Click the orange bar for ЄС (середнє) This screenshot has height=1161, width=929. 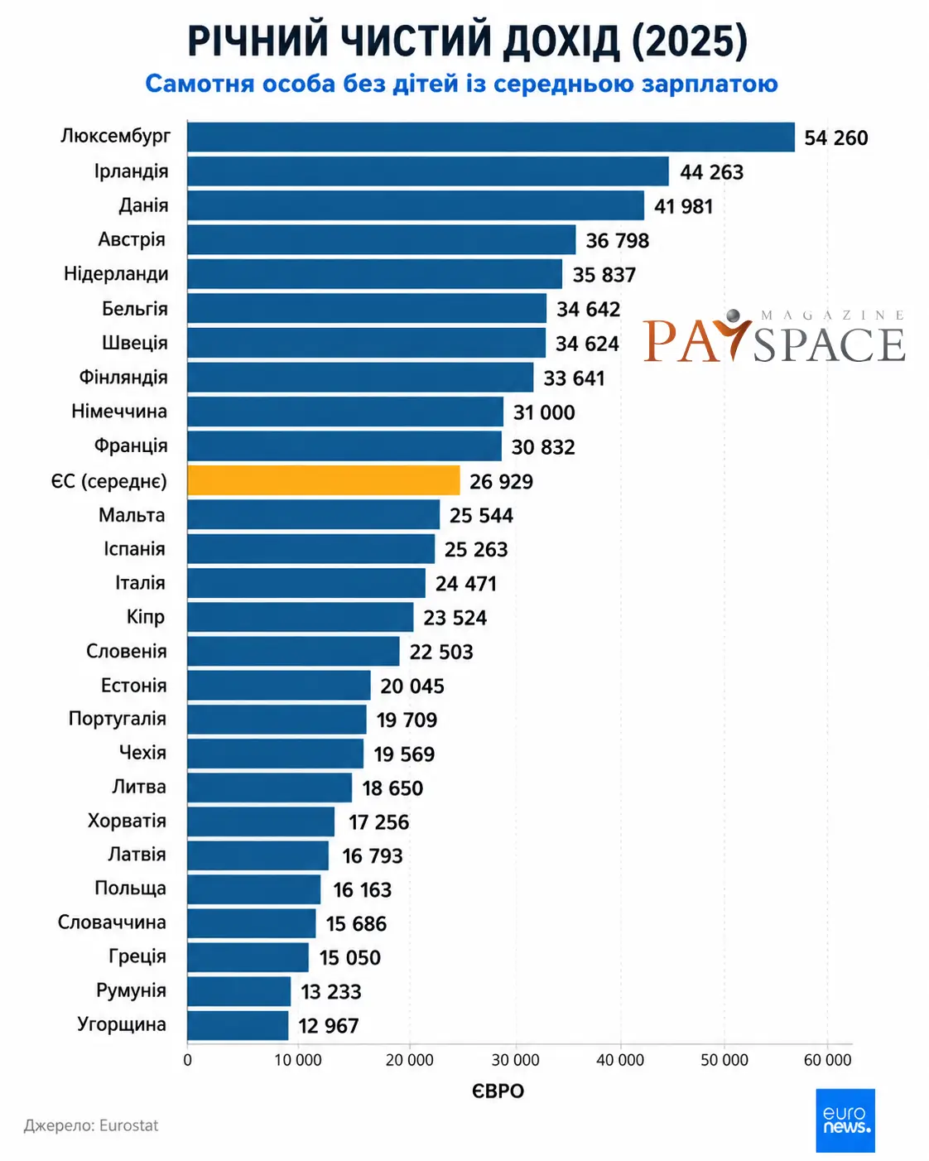click(324, 480)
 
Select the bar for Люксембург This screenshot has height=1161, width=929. click(491, 137)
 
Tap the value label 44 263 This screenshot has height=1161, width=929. click(711, 172)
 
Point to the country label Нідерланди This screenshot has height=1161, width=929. click(116, 273)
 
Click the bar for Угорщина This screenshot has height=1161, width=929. click(238, 1025)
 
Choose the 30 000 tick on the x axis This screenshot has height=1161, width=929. click(515, 1060)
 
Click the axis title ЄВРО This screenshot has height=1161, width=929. click(498, 1091)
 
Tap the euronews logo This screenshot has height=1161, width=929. click(845, 1120)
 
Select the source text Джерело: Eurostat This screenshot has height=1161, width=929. click(91, 1125)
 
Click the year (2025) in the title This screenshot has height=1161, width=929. click(690, 41)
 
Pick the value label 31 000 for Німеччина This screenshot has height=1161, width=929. click(544, 412)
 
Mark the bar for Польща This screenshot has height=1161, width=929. click(254, 889)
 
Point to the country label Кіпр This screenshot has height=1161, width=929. click(146, 617)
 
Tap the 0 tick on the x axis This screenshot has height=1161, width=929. click(188, 1060)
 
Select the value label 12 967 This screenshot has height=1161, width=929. click(329, 1025)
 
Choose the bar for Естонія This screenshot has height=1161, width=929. click(279, 685)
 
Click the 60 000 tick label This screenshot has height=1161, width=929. click(828, 1060)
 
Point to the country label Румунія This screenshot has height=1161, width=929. click(131, 990)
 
